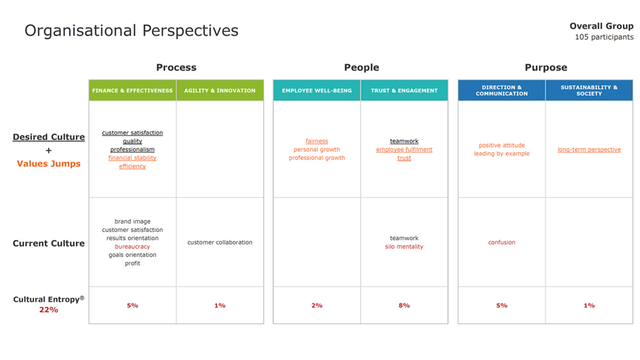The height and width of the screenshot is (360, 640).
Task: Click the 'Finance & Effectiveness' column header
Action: tap(132, 90)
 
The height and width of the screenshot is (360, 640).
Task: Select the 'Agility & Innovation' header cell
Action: tap(220, 90)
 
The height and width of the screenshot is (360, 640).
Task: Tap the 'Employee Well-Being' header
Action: tap(317, 90)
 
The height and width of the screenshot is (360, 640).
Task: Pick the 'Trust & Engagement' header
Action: tap(404, 90)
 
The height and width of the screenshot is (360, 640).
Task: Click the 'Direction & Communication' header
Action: tap(502, 90)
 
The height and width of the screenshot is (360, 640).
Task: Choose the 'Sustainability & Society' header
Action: tap(589, 90)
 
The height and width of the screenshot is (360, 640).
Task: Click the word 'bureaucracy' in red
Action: tap(132, 246)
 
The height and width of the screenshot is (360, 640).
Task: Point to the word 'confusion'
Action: tap(502, 242)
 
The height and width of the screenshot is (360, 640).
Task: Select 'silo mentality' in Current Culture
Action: tap(404, 246)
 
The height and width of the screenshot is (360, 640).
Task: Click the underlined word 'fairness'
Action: tap(317, 141)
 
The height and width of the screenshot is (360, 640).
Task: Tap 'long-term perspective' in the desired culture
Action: tap(589, 149)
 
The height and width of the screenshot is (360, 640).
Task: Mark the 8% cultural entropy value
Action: tap(404, 306)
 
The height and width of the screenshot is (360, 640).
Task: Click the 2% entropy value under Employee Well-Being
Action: tap(317, 306)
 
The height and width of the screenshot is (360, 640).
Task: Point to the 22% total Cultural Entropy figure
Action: tap(49, 310)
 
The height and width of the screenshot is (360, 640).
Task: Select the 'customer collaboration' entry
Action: tap(220, 242)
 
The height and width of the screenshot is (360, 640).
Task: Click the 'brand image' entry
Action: tap(132, 221)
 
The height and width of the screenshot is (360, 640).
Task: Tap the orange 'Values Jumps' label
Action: tap(49, 164)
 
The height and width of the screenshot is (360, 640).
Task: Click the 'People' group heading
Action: tap(362, 67)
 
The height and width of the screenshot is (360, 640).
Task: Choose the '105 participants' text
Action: tap(604, 37)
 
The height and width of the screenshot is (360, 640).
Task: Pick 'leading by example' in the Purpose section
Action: tap(502, 154)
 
